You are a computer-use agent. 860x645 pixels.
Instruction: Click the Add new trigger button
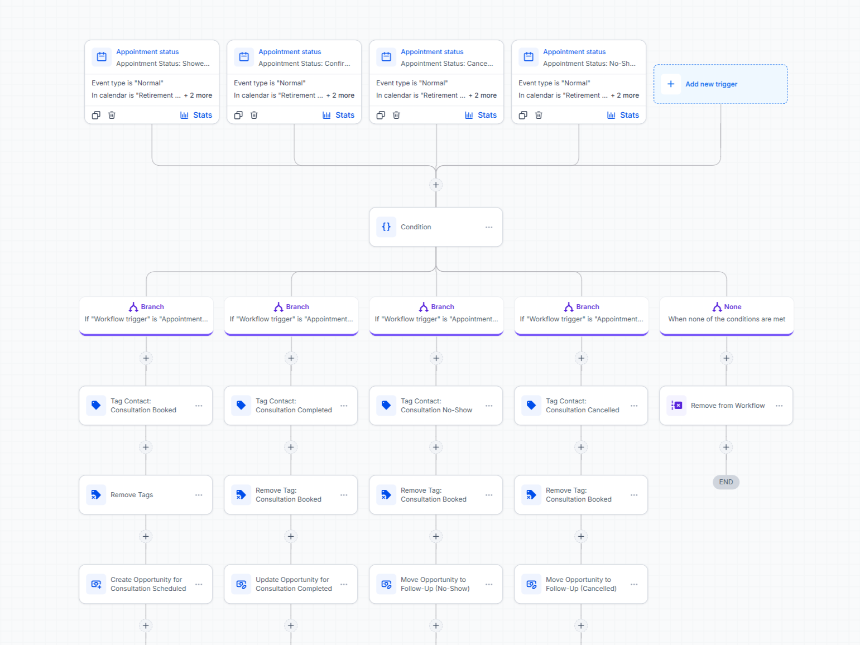pyautogui.click(x=720, y=84)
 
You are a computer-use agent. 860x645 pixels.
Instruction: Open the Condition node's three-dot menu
pyautogui.click(x=488, y=227)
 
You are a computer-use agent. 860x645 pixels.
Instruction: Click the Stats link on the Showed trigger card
pyautogui.click(x=196, y=115)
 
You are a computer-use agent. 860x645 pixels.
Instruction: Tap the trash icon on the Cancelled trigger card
pyautogui.click(x=396, y=115)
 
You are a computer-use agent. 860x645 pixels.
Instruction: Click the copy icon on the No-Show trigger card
pyautogui.click(x=523, y=115)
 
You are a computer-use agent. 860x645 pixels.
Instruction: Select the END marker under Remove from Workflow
pyautogui.click(x=726, y=482)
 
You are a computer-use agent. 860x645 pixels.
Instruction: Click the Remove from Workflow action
pyautogui.click(x=726, y=406)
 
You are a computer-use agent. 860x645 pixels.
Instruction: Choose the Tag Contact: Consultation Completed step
pyautogui.click(x=291, y=406)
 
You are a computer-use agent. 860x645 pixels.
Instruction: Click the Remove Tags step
pyautogui.click(x=146, y=495)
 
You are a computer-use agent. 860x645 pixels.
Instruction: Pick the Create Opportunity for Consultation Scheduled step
pyautogui.click(x=146, y=584)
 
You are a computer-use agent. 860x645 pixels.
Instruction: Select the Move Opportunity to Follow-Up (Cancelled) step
pyautogui.click(x=581, y=584)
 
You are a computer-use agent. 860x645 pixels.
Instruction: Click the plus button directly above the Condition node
pyautogui.click(x=436, y=185)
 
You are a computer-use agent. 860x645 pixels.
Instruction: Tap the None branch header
pyautogui.click(x=727, y=316)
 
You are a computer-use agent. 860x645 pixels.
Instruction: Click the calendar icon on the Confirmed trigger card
pyautogui.click(x=244, y=57)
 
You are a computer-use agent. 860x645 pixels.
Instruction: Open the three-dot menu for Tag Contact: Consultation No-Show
pyautogui.click(x=488, y=406)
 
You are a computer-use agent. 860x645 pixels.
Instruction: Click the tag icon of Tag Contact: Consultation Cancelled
pyautogui.click(x=531, y=405)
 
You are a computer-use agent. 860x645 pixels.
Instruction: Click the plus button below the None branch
pyautogui.click(x=727, y=358)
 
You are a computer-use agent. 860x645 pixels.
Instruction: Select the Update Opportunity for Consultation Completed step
pyautogui.click(x=291, y=584)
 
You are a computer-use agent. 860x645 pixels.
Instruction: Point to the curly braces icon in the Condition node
pyautogui.click(x=386, y=227)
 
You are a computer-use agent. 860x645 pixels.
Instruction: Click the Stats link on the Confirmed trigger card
pyautogui.click(x=339, y=115)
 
